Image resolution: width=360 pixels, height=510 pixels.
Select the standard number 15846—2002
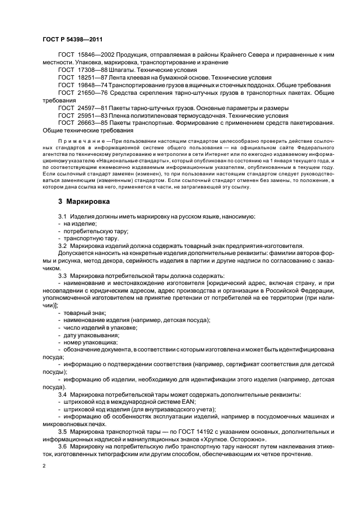[x=94, y=56]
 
